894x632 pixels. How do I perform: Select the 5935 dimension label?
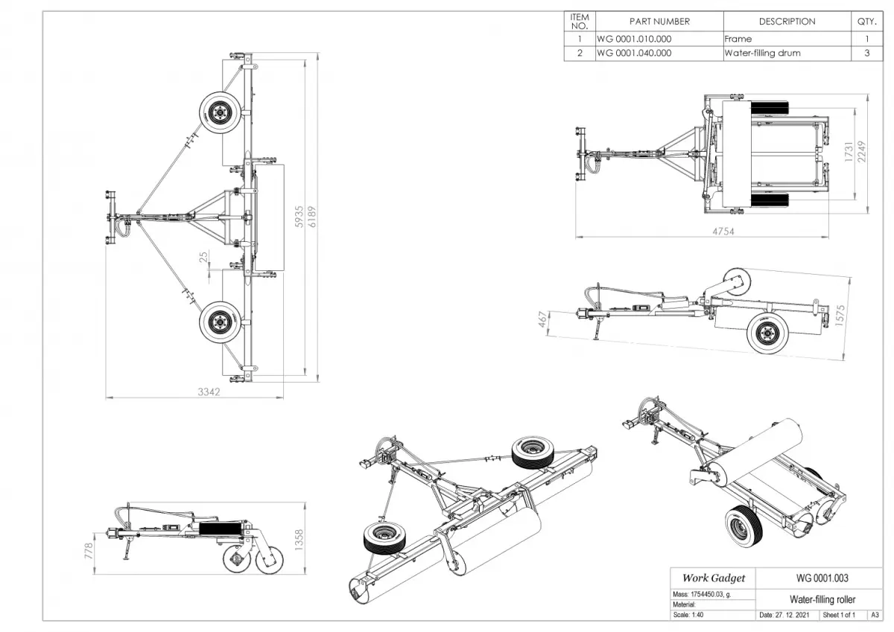[x=299, y=216]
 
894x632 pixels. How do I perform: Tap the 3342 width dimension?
[x=209, y=392]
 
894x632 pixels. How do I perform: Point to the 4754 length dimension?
[x=723, y=232]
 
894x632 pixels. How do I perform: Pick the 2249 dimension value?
[x=861, y=154]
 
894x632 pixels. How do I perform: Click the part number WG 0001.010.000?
[x=633, y=39]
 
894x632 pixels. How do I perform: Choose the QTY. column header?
[x=866, y=22]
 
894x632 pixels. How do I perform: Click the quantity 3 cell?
[x=866, y=54]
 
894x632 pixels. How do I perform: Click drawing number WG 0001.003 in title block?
[x=822, y=578]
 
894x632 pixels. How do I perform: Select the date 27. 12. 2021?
[x=784, y=616]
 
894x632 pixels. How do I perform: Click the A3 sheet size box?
[x=875, y=616]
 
